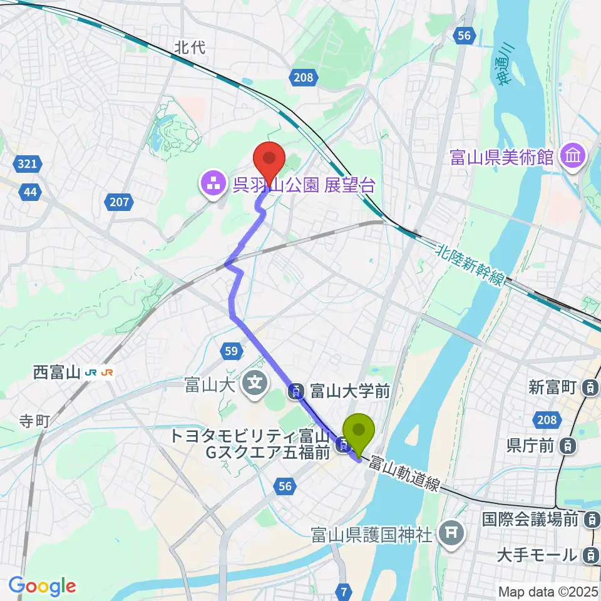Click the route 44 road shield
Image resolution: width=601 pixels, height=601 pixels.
[29, 192]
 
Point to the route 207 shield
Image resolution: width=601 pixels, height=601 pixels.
[121, 202]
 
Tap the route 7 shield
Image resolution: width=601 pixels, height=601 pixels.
[343, 590]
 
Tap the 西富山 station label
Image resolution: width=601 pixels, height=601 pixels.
[57, 372]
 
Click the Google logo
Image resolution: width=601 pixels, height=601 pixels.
[42, 586]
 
